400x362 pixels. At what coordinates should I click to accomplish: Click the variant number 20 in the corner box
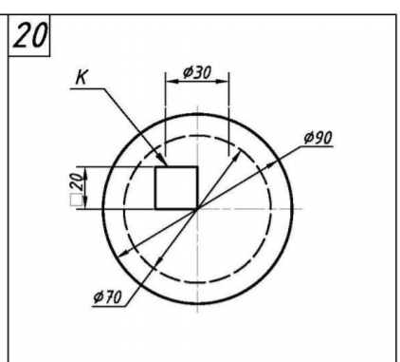pos(30,36)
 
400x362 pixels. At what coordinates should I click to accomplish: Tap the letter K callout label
pos(82,77)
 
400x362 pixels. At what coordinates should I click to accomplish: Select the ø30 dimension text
pos(197,72)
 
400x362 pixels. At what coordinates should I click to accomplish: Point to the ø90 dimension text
pos(318,138)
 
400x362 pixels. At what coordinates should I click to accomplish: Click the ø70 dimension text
pos(107,297)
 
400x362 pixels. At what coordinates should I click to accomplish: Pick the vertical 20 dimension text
pos(77,181)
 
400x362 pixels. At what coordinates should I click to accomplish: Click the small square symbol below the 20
pos(76,200)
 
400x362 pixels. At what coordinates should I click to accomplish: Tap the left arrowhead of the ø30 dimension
pos(173,82)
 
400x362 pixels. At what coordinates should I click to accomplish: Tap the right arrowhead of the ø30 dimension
pos(222,82)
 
